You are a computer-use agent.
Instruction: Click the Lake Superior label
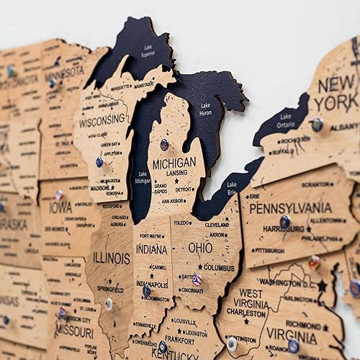(x=147, y=50)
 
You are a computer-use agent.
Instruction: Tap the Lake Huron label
(x=205, y=109)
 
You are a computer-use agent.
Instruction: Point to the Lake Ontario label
(x=285, y=120)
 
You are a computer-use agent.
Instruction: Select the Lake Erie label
(x=231, y=189)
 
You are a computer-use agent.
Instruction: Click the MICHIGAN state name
(x=174, y=164)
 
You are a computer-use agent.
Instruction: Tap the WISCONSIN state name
(x=102, y=122)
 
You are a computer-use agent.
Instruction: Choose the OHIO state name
(x=200, y=247)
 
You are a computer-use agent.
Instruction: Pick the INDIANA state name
(x=151, y=249)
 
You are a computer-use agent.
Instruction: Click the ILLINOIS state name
(x=112, y=257)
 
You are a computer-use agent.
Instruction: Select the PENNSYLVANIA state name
(x=290, y=207)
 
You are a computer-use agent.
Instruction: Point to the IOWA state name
(x=60, y=207)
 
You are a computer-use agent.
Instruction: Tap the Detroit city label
(x=185, y=189)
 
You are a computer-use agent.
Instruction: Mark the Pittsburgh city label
(x=269, y=251)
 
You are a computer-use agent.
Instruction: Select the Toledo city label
(x=181, y=223)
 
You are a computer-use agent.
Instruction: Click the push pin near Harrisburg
(x=285, y=222)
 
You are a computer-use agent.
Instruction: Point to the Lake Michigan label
(x=143, y=178)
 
